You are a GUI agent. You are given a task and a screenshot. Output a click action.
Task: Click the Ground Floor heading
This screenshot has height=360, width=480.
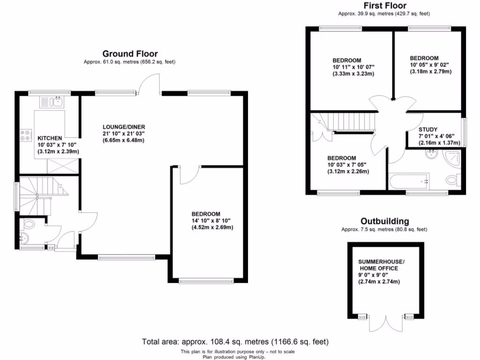(x=130, y=54)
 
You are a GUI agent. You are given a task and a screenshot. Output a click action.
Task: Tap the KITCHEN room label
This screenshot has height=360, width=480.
(x=50, y=138)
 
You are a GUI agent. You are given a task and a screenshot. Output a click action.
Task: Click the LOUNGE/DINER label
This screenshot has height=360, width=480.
(x=124, y=127)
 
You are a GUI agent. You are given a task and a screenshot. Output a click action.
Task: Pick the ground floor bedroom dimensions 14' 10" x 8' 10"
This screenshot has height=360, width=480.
(x=211, y=220)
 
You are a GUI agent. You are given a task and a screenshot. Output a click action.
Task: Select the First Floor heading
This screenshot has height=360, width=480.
(x=384, y=6)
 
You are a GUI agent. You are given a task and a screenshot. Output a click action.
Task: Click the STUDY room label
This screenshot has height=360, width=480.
(x=428, y=129)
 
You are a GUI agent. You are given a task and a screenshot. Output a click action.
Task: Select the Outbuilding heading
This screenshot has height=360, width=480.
(x=384, y=221)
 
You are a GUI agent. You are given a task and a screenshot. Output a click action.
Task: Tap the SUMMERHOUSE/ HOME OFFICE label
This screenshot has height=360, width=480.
(x=381, y=265)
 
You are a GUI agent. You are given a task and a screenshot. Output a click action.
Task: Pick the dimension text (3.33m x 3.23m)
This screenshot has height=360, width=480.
(x=353, y=74)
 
